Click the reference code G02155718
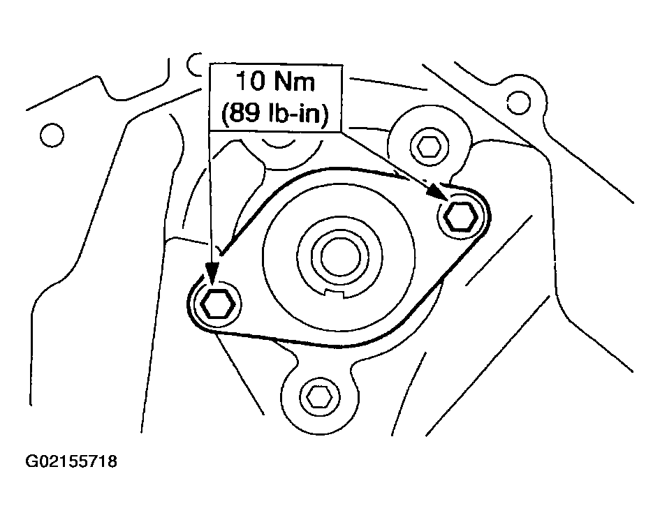coord(71,461)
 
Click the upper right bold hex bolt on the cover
coord(461,216)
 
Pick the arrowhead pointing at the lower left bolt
coord(212,274)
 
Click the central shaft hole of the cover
coord(340,257)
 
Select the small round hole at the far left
coord(52,135)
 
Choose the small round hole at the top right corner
coord(518,103)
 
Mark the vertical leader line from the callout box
coord(210,197)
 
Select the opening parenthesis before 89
coord(225,114)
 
